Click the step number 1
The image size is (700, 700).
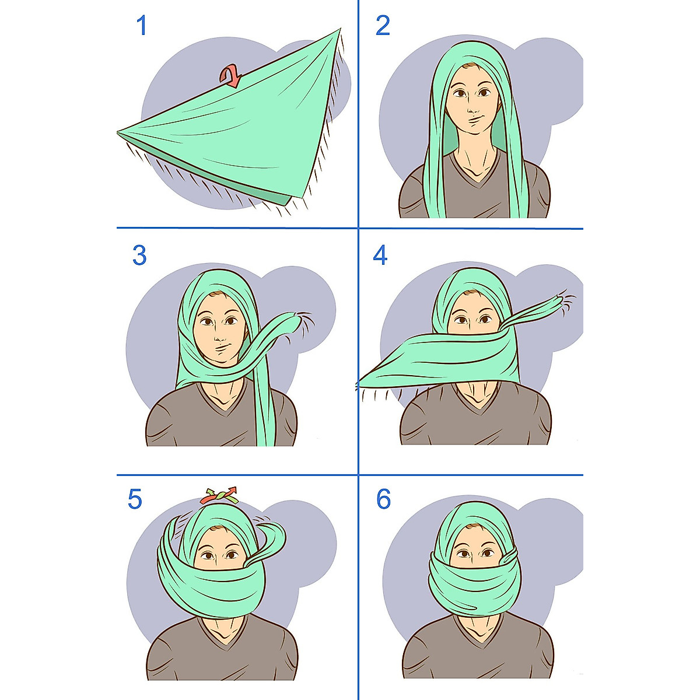[141, 26]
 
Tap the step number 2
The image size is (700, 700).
[383, 26]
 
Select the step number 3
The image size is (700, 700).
[139, 256]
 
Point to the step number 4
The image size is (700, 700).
[380, 256]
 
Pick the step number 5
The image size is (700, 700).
[135, 500]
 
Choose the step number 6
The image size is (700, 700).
[383, 500]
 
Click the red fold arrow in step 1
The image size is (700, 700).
[230, 76]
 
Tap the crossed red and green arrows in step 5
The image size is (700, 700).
[219, 496]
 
